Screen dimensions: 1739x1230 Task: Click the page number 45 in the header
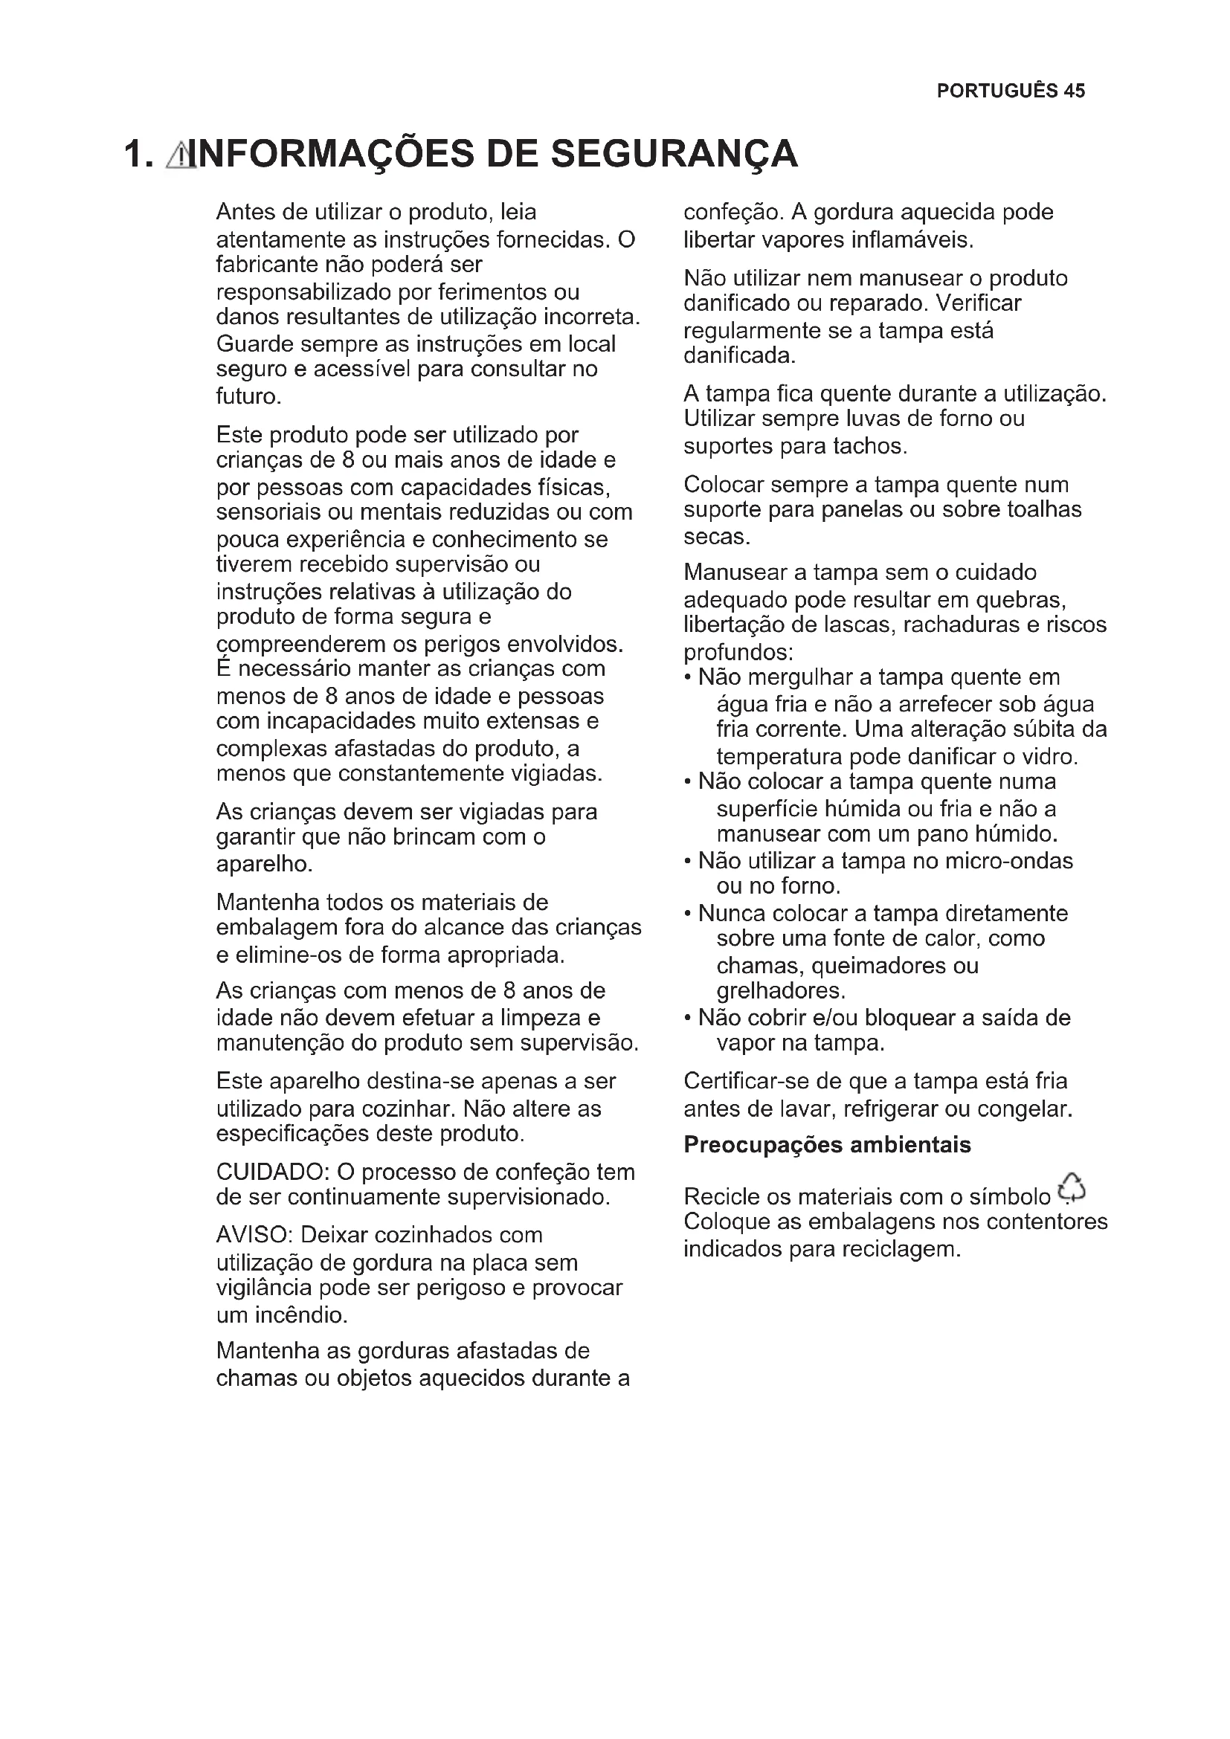1074,91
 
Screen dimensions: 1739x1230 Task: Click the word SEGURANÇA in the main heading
673,154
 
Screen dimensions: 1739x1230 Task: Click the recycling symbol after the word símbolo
1072,1187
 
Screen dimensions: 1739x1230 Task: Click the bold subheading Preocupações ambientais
827,1144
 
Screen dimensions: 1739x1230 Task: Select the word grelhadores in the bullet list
780,990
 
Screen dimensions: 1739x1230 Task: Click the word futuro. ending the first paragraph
248,396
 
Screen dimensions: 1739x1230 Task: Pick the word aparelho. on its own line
264,863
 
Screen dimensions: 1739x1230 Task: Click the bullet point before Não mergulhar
688,677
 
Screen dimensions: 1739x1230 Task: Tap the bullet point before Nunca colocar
688,914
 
